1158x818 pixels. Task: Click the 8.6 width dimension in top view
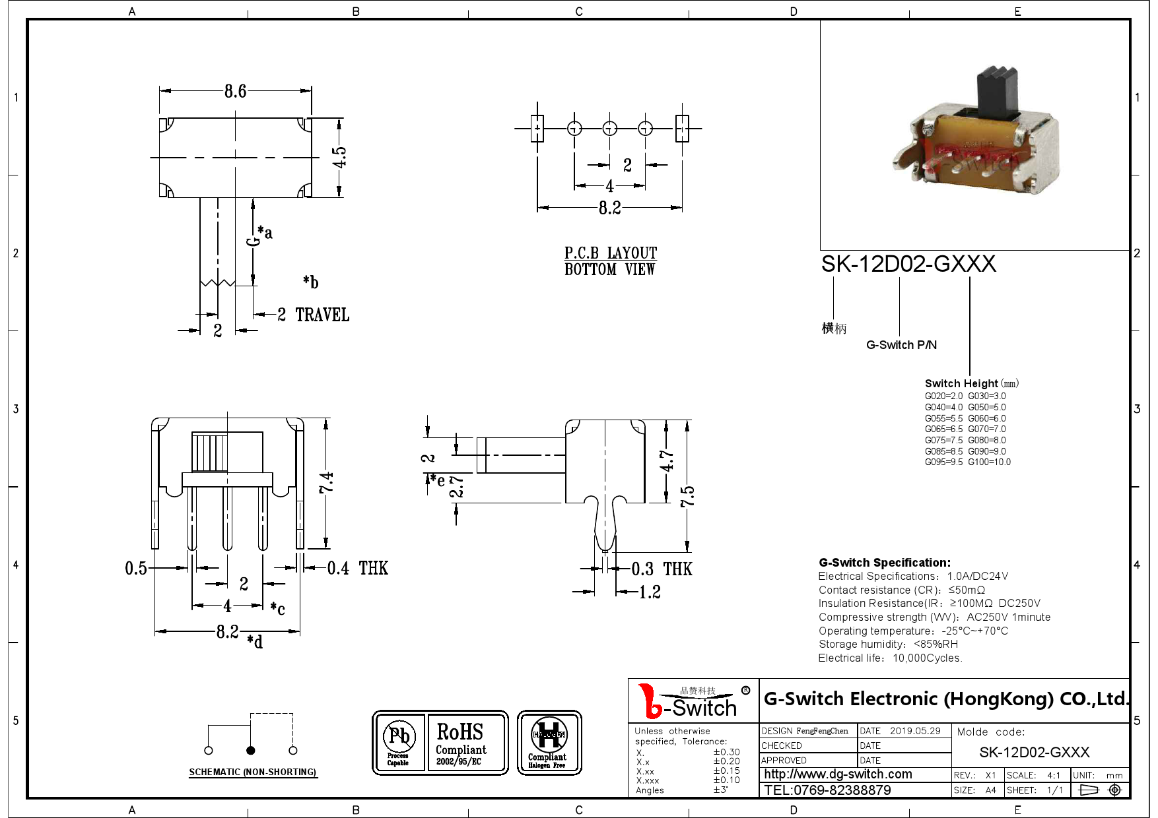pyautogui.click(x=235, y=91)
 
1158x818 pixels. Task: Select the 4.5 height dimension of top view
pyautogui.click(x=339, y=157)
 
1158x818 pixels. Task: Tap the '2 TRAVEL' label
pyautogui.click(x=314, y=315)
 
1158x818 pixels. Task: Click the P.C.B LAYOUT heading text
pyautogui.click(x=610, y=253)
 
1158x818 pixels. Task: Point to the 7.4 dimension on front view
pyautogui.click(x=326, y=482)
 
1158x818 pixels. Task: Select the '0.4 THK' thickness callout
pyautogui.click(x=357, y=568)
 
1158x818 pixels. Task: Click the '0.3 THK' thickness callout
pyautogui.click(x=662, y=569)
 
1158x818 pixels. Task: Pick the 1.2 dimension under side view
pyautogui.click(x=650, y=592)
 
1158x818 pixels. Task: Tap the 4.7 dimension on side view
pyautogui.click(x=667, y=460)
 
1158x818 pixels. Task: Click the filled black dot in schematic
pyautogui.click(x=250, y=750)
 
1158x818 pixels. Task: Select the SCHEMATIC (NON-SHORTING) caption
pyautogui.click(x=253, y=772)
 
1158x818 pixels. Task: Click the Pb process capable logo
pyautogui.click(x=399, y=742)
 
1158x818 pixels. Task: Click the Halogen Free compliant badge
pyautogui.click(x=549, y=743)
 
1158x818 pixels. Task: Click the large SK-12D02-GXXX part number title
pyautogui.click(x=908, y=264)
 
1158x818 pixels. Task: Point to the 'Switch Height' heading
pyautogui.click(x=961, y=383)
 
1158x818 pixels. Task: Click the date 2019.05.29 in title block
pyautogui.click(x=915, y=731)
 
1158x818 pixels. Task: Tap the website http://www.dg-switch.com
pyautogui.click(x=838, y=774)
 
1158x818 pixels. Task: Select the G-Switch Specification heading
pyautogui.click(x=884, y=563)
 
